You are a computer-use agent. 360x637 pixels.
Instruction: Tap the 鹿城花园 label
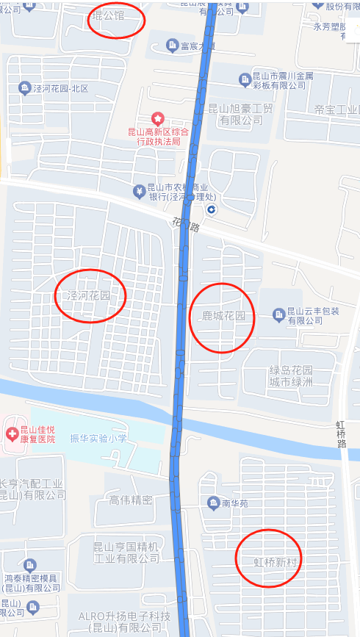(223, 317)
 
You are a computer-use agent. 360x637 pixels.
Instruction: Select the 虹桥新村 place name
(269, 562)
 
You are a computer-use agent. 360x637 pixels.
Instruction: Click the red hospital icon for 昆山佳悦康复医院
(12, 432)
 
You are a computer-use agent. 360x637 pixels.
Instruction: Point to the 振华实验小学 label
(98, 439)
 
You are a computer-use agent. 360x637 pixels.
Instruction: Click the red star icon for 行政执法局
(156, 118)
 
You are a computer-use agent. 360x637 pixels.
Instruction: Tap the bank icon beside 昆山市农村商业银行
(139, 192)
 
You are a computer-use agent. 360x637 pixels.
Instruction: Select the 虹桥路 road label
(342, 439)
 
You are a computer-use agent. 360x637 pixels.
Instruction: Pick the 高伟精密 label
(130, 500)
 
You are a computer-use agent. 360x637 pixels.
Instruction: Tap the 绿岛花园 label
(291, 370)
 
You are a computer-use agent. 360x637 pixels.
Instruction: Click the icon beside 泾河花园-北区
(24, 88)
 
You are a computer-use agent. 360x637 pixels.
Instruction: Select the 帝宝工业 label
(336, 109)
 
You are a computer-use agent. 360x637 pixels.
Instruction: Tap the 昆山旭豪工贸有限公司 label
(240, 114)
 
